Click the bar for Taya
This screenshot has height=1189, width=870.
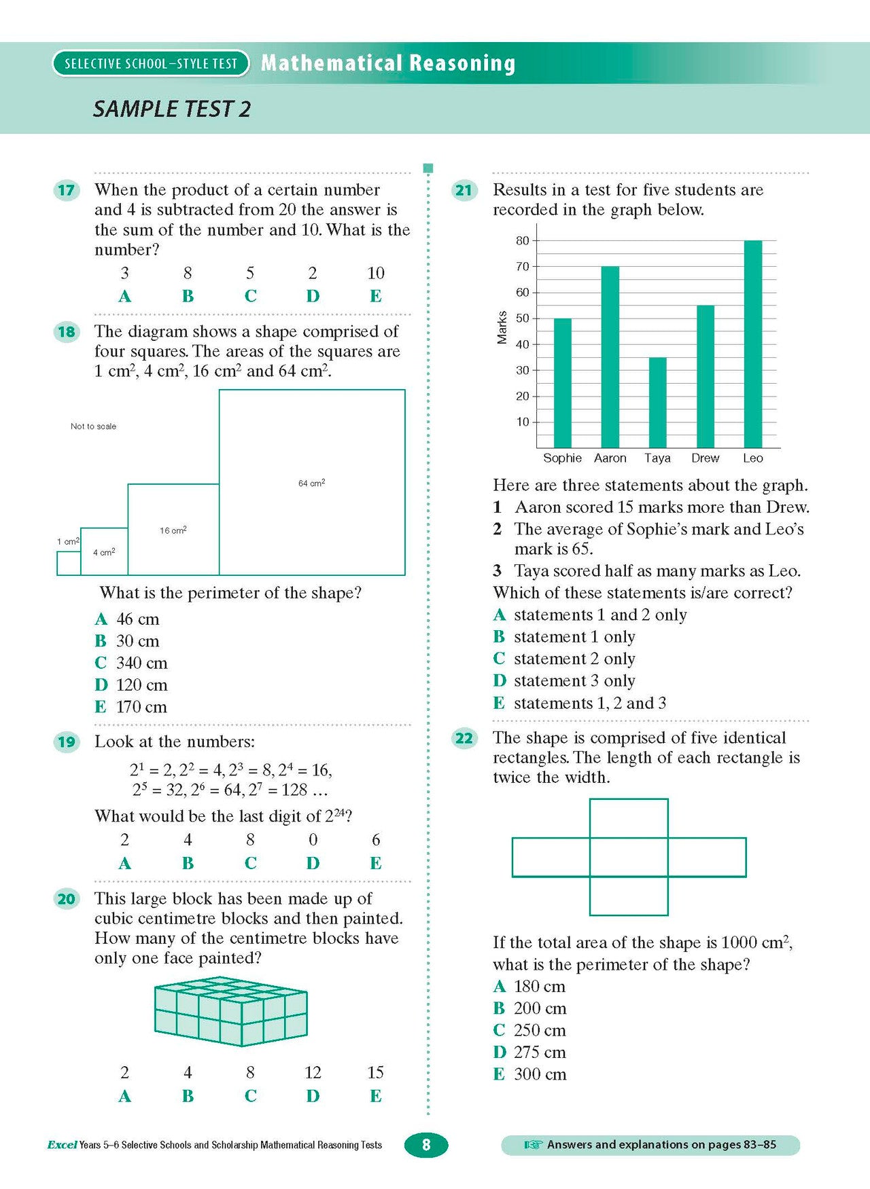coord(657,402)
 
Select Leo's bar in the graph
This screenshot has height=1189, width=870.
coord(752,344)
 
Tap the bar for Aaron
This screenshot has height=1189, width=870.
coord(610,356)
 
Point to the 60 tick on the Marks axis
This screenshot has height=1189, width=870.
coord(522,293)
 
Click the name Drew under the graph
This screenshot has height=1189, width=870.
coord(705,458)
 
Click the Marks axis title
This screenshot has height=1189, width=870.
coord(502,327)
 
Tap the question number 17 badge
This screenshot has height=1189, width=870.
coord(66,190)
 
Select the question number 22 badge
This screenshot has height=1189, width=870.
coord(464,738)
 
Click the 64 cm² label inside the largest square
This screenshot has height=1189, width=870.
coord(311,483)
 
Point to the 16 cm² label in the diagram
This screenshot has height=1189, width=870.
coord(173,530)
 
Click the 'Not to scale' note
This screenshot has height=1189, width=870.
coord(93,426)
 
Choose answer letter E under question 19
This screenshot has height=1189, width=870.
coord(375,863)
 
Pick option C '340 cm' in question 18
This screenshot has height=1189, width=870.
coord(131,663)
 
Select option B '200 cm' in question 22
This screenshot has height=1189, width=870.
coord(529,1008)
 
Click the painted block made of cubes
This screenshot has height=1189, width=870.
coord(231,1012)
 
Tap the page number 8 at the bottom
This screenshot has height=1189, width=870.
coord(426,1145)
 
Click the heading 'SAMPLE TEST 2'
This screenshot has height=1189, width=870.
coord(172,109)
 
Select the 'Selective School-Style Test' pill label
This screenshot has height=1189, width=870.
coord(151,64)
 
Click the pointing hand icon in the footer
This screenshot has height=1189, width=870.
coord(533,1145)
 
